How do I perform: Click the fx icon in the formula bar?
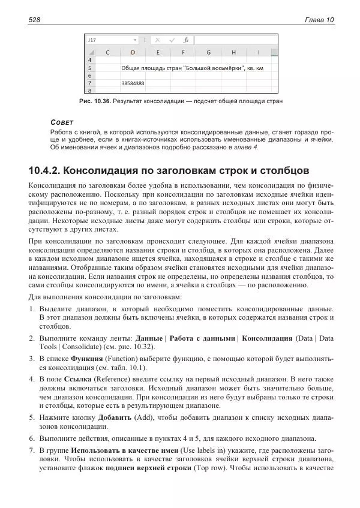coord(186,40)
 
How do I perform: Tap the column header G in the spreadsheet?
coord(208,52)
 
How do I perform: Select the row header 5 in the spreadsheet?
coord(91,68)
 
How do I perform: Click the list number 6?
coord(32,438)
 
